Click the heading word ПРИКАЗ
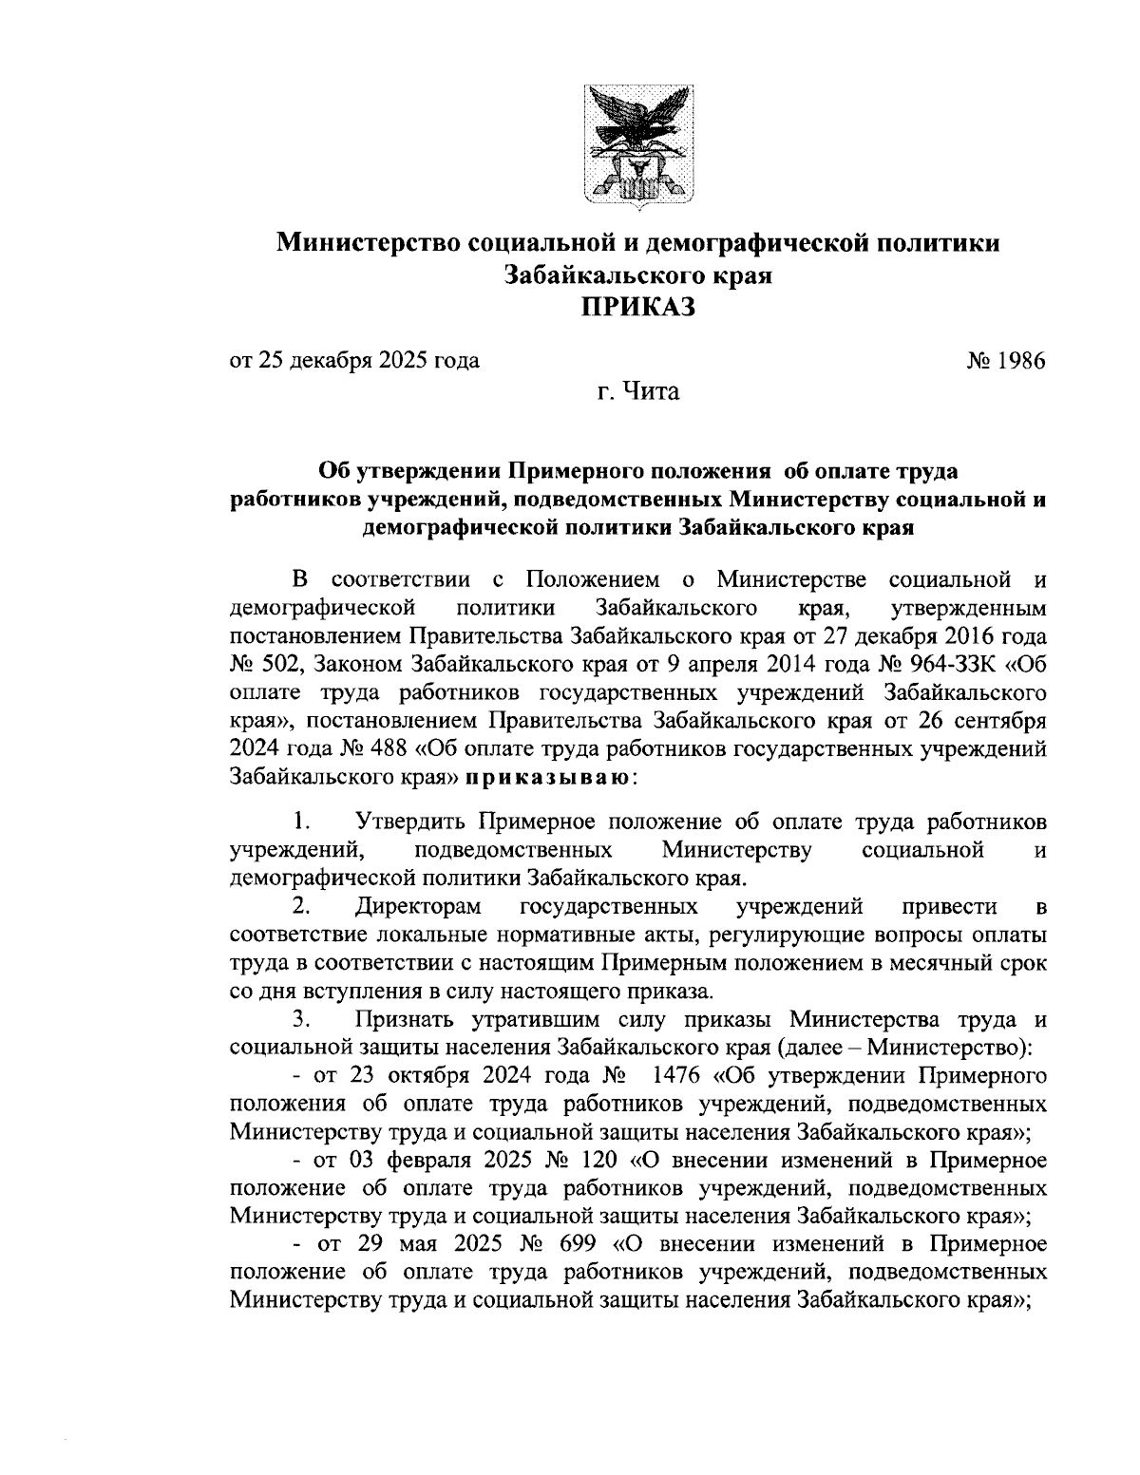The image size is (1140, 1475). point(637,307)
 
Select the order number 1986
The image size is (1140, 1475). point(1018,361)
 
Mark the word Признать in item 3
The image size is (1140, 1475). point(406,1020)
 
